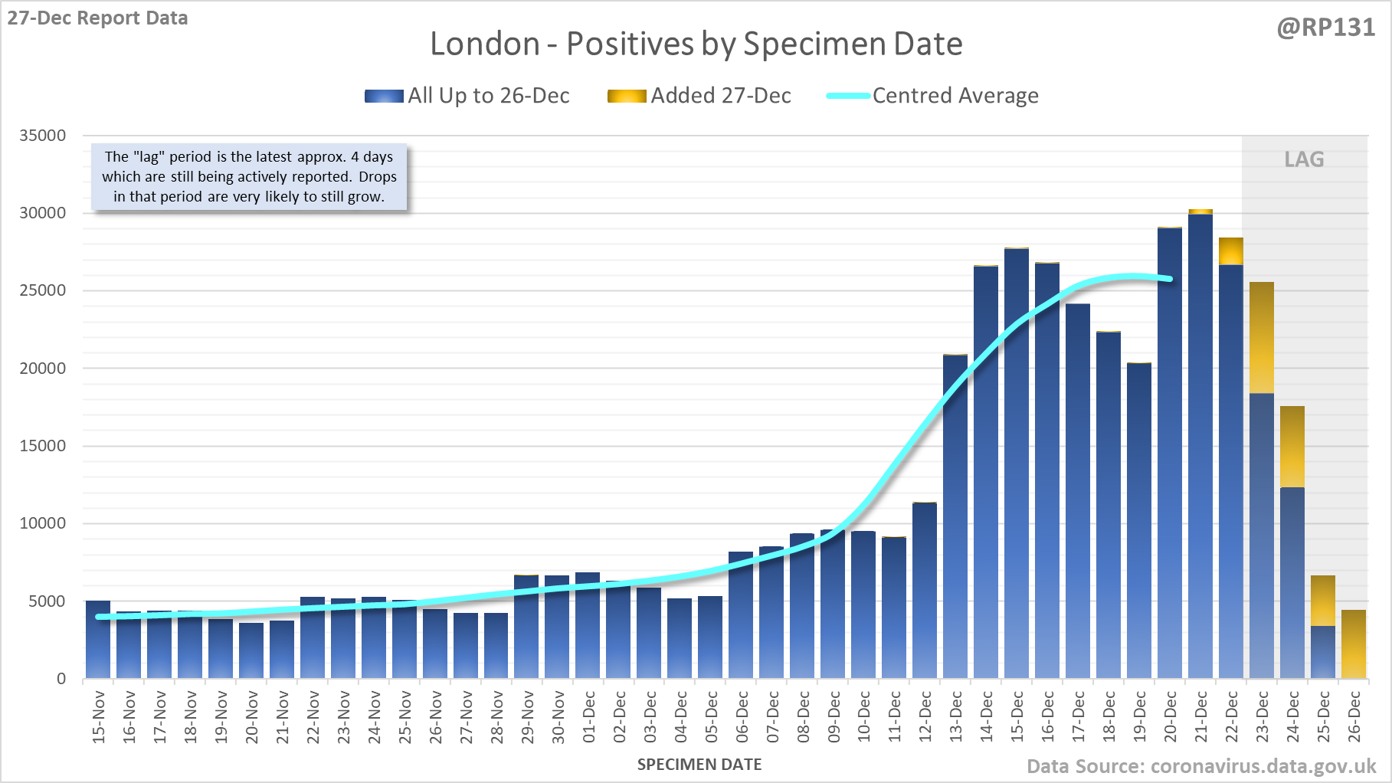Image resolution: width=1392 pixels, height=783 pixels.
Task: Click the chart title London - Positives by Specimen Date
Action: click(696, 44)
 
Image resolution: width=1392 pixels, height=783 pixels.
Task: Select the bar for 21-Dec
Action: click(1200, 444)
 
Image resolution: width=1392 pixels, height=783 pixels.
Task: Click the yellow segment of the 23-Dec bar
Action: click(1261, 337)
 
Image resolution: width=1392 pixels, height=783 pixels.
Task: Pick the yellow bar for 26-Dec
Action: click(1353, 644)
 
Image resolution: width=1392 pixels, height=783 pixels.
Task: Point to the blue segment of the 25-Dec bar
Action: click(1322, 652)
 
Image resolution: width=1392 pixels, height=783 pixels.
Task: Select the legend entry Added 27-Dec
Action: click(699, 96)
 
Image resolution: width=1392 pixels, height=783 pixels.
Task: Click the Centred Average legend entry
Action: click(932, 96)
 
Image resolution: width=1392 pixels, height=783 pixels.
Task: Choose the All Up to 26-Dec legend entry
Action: click(467, 96)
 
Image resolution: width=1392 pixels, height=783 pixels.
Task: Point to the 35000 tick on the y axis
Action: click(43, 136)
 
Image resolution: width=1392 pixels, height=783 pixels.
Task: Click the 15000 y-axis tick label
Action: click(43, 446)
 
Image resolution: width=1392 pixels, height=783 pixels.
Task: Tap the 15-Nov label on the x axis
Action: click(98, 717)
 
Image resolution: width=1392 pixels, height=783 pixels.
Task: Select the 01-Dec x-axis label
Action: click(588, 717)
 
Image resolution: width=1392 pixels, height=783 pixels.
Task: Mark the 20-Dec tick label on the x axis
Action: click(1170, 717)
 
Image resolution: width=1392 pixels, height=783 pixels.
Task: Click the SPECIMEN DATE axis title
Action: click(699, 765)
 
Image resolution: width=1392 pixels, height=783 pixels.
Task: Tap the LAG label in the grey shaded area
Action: click(1304, 159)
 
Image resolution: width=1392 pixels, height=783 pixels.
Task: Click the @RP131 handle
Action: click(1325, 28)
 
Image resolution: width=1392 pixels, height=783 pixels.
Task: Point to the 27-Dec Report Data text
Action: click(97, 18)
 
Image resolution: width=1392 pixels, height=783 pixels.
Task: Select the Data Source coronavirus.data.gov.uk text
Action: click(1200, 766)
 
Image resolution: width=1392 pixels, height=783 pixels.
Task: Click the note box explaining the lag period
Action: click(249, 177)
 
